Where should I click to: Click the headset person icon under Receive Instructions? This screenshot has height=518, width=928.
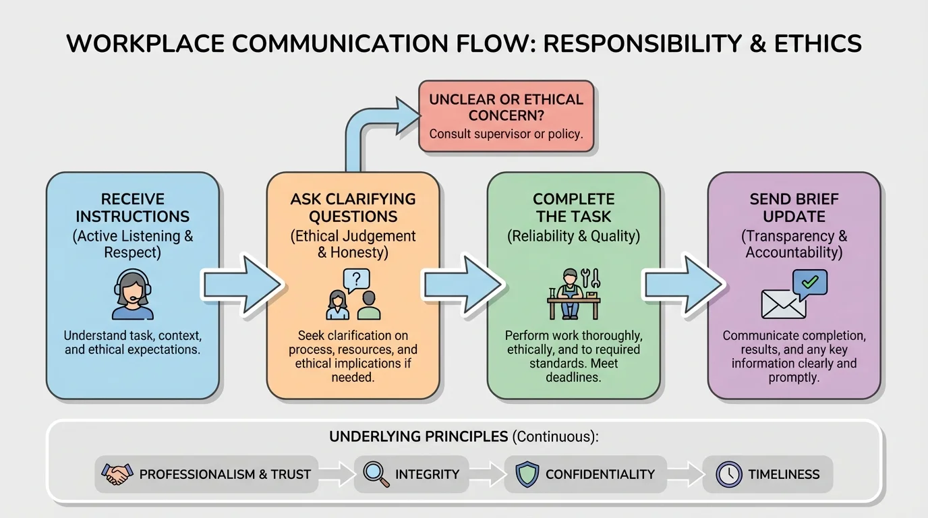133,295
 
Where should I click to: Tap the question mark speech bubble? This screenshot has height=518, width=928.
356,279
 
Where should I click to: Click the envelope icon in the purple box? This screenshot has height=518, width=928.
783,304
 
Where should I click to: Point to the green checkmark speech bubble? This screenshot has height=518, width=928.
809,283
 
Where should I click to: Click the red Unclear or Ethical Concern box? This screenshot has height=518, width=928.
506,116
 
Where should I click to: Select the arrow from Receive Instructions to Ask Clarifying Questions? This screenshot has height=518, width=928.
242,284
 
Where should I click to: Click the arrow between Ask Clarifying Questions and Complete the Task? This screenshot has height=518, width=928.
463,284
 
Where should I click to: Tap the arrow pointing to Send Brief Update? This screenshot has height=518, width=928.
683,284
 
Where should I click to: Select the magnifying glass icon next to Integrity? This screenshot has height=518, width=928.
376,474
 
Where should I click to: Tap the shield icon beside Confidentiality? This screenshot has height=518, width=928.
527,474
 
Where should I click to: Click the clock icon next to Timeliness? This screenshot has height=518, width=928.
728,474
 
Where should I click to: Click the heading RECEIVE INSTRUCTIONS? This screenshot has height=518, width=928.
133,208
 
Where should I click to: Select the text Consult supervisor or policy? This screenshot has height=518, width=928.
506,134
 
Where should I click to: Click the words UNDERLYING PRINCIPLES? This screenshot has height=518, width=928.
418,436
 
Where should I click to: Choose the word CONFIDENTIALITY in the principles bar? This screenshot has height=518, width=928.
600,474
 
